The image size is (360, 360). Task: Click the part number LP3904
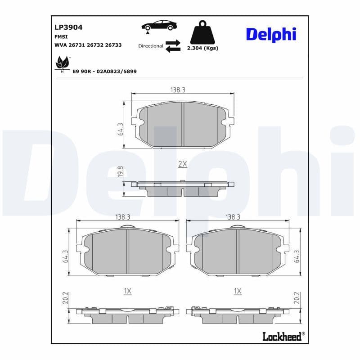pos(68,27)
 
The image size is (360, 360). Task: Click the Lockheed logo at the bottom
pos(282,336)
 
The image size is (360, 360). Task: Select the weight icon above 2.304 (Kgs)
pos(202,32)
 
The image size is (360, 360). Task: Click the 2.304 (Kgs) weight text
pos(202,48)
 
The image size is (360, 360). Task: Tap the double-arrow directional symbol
pos(173,46)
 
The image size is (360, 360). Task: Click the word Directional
pos(150,46)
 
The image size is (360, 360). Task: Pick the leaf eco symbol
pos(62,63)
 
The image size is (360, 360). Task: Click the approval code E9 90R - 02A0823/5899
pos(104,71)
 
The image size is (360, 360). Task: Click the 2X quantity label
pos(182,164)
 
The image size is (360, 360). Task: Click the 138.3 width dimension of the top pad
pos(177,90)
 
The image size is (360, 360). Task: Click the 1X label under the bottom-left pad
pos(127,292)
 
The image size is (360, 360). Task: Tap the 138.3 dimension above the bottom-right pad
pos(233,217)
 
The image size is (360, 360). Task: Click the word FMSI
pos(62,37)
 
